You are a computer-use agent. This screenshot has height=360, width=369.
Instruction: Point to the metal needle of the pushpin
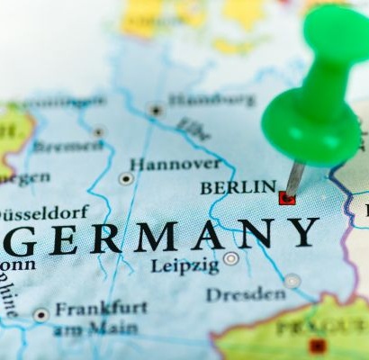coord(293,177)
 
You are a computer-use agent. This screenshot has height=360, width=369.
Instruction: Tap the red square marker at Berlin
coord(287,197)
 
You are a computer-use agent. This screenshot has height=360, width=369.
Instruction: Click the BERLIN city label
coord(238,187)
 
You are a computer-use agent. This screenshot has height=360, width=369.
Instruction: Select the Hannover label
coord(175,164)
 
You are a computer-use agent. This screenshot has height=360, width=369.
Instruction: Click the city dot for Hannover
coord(126,178)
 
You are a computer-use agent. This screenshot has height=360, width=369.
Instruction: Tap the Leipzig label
coord(184,265)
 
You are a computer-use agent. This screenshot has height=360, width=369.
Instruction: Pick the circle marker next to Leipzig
coord(231,258)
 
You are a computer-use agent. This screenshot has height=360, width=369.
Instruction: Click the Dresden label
coord(246,294)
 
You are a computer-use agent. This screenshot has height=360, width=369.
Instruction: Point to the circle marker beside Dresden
coord(292,281)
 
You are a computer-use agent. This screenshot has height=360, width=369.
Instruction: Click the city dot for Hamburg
coord(156,110)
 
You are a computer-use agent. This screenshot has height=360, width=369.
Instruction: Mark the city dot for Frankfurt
coord(41,314)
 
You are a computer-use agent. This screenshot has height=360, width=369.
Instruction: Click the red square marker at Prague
coord(317,346)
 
